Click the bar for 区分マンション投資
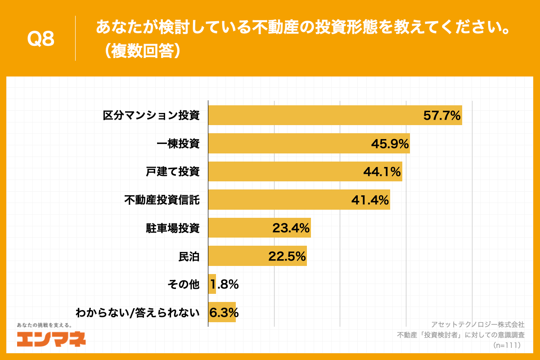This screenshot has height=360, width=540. pos(315,115)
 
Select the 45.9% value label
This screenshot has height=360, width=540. pos(390,144)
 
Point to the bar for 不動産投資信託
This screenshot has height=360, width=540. pos(279,200)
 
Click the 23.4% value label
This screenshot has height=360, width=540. pos(291,228)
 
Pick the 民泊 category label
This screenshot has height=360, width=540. pos(189,256)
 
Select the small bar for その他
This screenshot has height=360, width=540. pos(212,284)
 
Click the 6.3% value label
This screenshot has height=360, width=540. pos(224,312)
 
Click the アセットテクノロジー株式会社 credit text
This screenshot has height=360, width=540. pos(477,324)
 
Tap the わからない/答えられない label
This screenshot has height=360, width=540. pos(137,312)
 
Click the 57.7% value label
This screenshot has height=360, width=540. pos(442,116)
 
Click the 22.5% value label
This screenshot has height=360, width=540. pos(287,256)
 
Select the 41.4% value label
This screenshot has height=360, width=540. pos(370,200)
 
